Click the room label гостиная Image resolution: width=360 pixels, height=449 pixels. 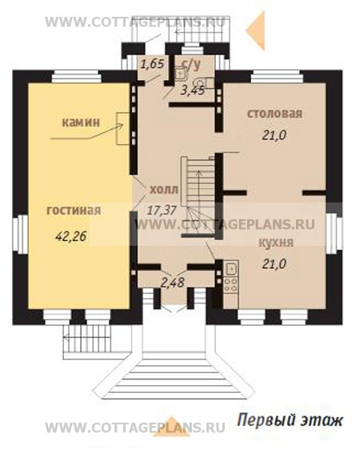tap(74, 210)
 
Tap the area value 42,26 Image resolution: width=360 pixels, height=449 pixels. tap(71, 236)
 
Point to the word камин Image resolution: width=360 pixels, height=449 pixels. tap(81, 122)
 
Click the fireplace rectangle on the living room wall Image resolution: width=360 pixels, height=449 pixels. tap(123, 129)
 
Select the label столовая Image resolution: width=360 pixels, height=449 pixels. tap(274, 114)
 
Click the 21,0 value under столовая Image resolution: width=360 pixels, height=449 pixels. tap(274, 135)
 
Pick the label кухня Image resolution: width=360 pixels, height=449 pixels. tap(276, 243)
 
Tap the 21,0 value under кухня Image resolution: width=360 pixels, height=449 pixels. tap(274, 264)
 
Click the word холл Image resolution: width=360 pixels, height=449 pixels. tap(164, 189)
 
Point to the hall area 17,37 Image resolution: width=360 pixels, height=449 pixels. tap(162, 210)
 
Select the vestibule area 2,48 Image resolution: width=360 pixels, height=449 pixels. tap(172, 283)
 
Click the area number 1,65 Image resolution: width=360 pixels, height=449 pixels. tap(153, 64)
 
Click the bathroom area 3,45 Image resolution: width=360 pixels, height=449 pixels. tap(193, 90)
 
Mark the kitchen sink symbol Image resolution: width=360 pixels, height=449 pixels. tap(230, 269)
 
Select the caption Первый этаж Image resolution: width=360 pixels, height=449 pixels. tap(290, 421)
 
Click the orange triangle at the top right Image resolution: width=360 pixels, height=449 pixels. tap(257, 29)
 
